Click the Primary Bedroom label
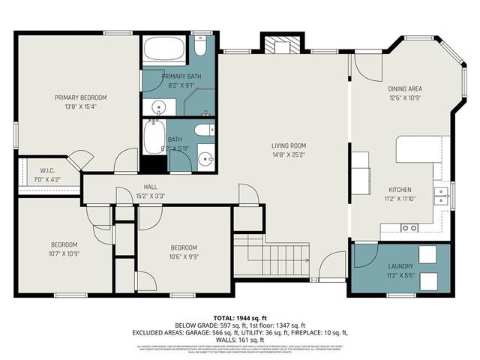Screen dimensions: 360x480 tap(80, 97)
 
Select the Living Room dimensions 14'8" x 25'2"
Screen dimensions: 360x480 tap(289, 155)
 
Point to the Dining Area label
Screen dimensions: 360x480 tap(405, 88)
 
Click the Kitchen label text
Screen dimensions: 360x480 tap(400, 190)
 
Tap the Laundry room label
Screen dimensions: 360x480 tap(400, 266)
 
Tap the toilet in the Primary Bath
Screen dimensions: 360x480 tap(200, 47)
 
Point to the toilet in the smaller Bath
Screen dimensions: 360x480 tap(204, 131)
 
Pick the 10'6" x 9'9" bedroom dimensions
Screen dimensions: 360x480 tap(183, 256)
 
